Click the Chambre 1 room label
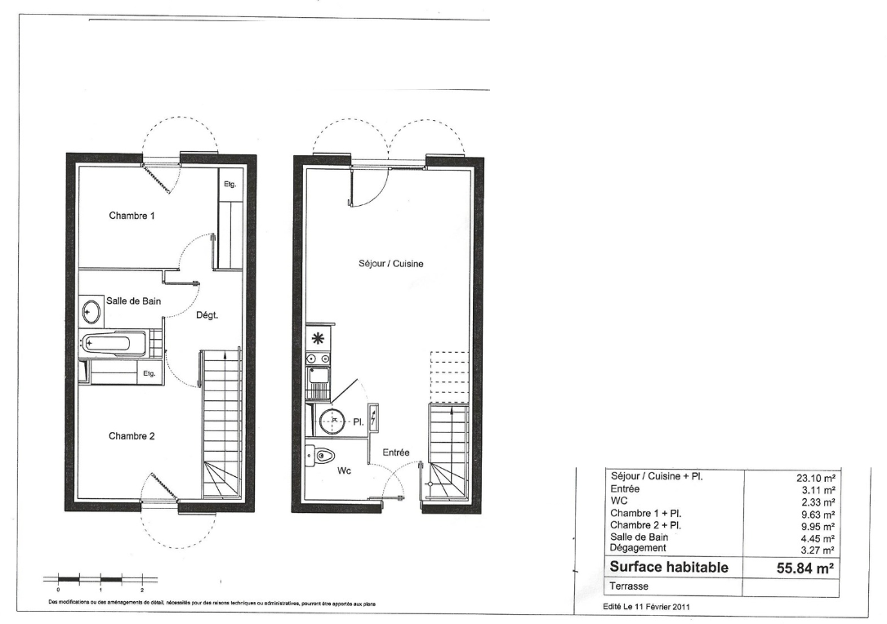pyautogui.click(x=131, y=216)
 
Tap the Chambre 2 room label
pyautogui.click(x=131, y=436)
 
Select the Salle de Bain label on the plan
pyautogui.click(x=133, y=301)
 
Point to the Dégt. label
pyautogui.click(x=207, y=315)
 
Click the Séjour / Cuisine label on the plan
pyautogui.click(x=391, y=264)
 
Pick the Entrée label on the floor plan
pyautogui.click(x=396, y=452)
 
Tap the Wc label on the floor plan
pyautogui.click(x=345, y=470)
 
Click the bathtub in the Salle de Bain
pyautogui.click(x=114, y=343)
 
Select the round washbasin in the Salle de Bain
pyautogui.click(x=91, y=310)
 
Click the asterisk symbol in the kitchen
pyautogui.click(x=318, y=339)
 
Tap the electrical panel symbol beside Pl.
pyautogui.click(x=373, y=419)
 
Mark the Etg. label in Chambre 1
pyautogui.click(x=230, y=185)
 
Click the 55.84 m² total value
pyautogui.click(x=805, y=568)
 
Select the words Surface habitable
pyautogui.click(x=669, y=568)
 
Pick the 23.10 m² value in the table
pyautogui.click(x=816, y=478)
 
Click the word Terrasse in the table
pyautogui.click(x=629, y=586)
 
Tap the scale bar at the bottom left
pyautogui.click(x=100, y=579)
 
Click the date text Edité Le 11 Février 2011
pyautogui.click(x=647, y=607)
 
